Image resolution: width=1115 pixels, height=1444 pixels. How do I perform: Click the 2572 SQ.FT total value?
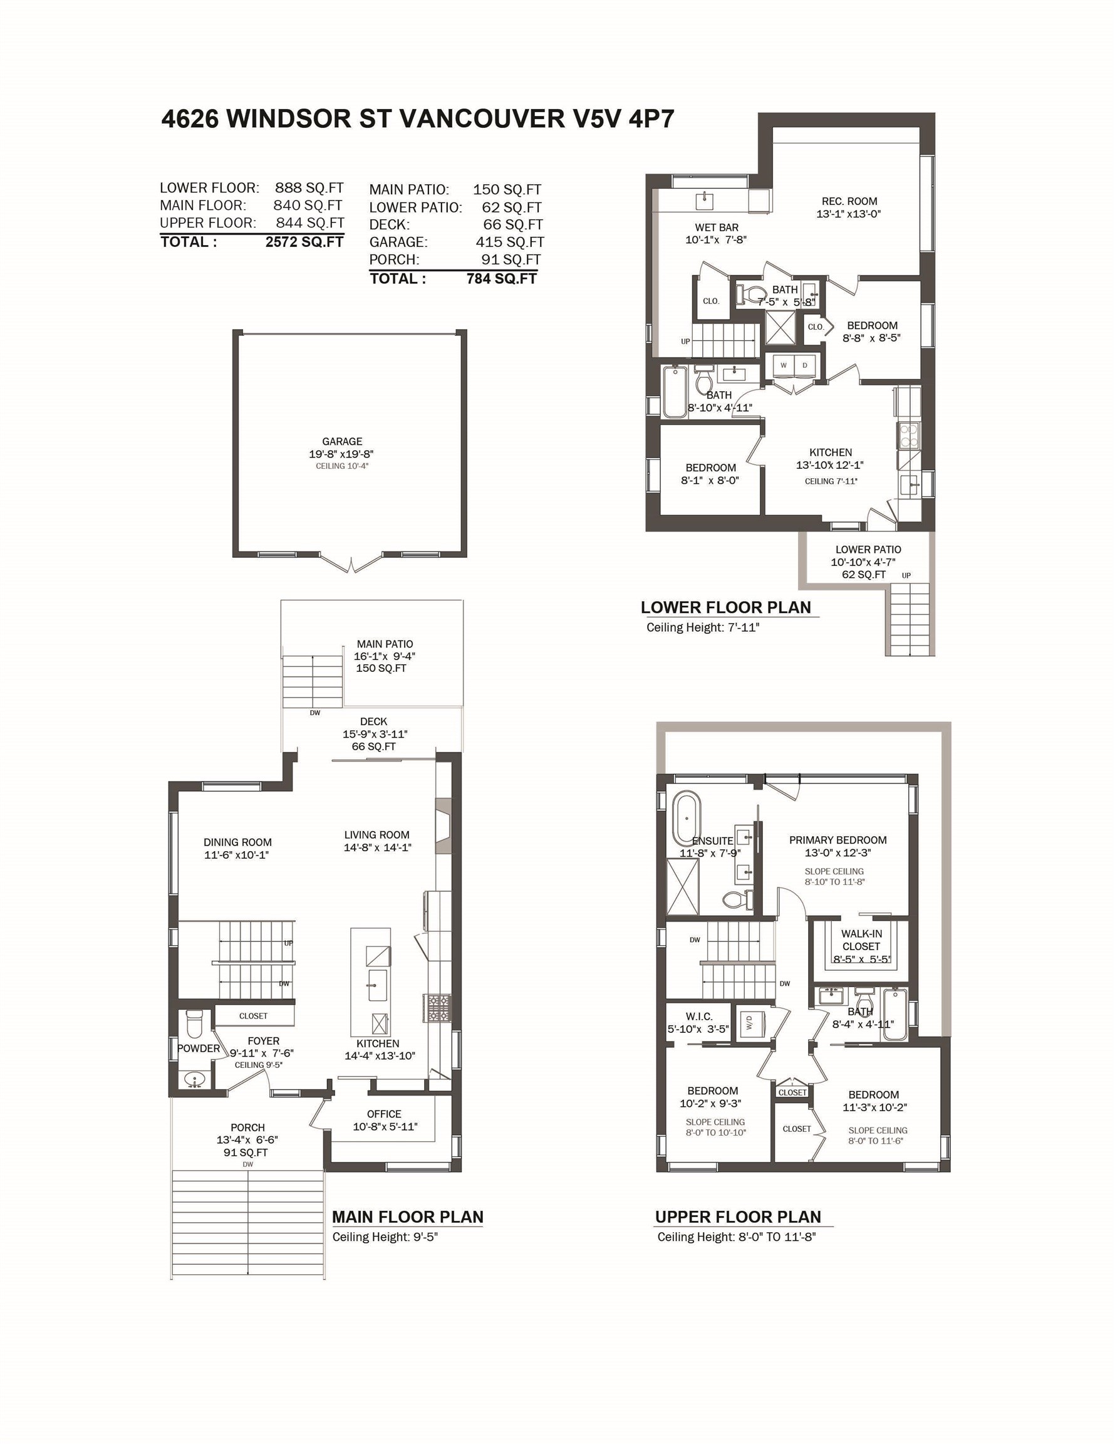[304, 242]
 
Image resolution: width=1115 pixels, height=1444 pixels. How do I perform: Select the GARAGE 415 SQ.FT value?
[510, 242]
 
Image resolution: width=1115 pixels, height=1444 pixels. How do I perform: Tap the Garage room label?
[342, 442]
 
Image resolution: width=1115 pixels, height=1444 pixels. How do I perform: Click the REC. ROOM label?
[849, 201]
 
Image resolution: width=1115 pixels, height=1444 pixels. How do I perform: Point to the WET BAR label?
[717, 228]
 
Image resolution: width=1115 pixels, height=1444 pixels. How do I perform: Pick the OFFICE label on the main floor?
[384, 1114]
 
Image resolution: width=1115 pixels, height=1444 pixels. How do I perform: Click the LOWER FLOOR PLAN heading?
[725, 607]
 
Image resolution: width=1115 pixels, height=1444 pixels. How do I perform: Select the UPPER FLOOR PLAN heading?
[738, 1216]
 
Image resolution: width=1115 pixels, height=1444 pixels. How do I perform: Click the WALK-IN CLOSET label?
[861, 940]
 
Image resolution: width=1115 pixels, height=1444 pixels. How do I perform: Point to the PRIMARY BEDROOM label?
[838, 840]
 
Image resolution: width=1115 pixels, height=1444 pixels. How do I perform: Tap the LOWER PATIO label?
[868, 550]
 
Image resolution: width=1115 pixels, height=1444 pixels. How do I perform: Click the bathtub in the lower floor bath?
[675, 392]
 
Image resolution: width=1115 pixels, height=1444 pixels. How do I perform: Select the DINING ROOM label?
[237, 842]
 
